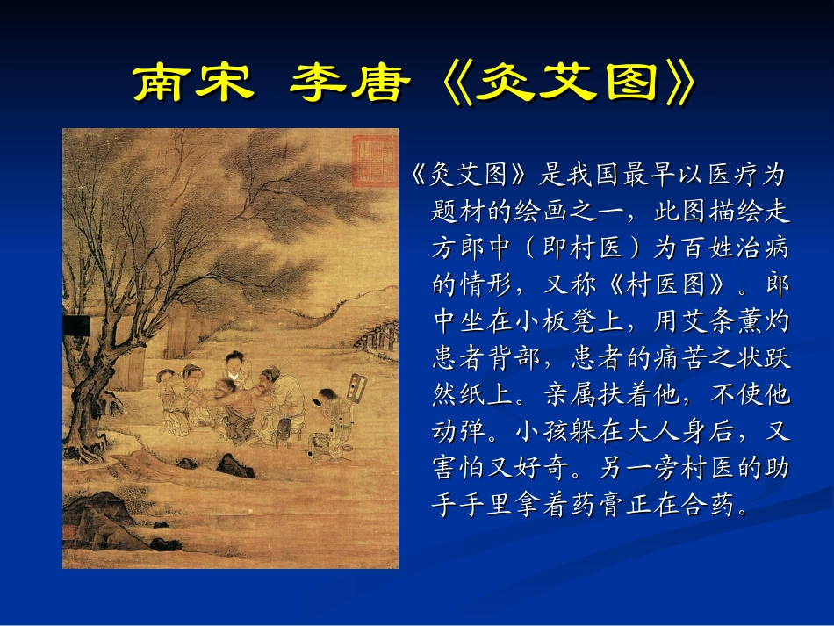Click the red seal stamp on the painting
(372, 162)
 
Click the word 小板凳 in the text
(573, 322)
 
